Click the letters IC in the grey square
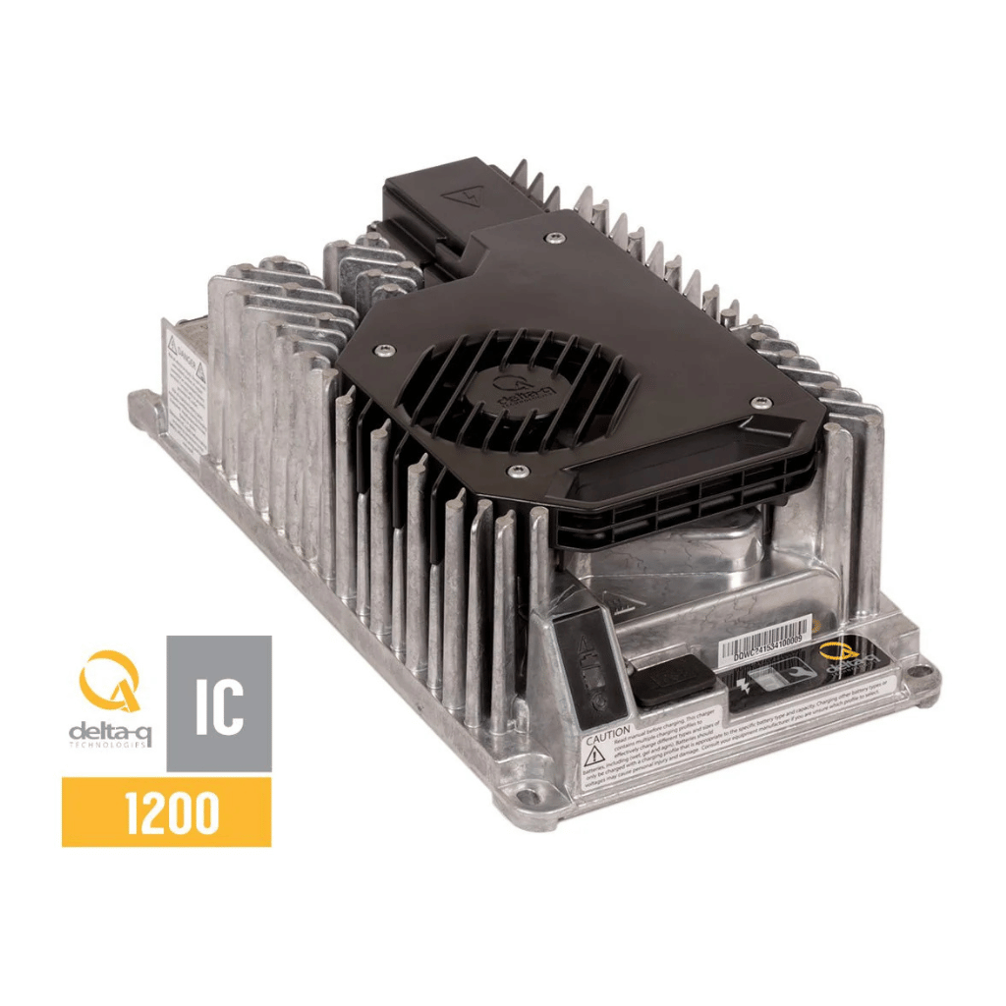[x=218, y=703]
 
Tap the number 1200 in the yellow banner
[x=166, y=811]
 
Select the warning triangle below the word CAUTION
[x=595, y=755]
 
